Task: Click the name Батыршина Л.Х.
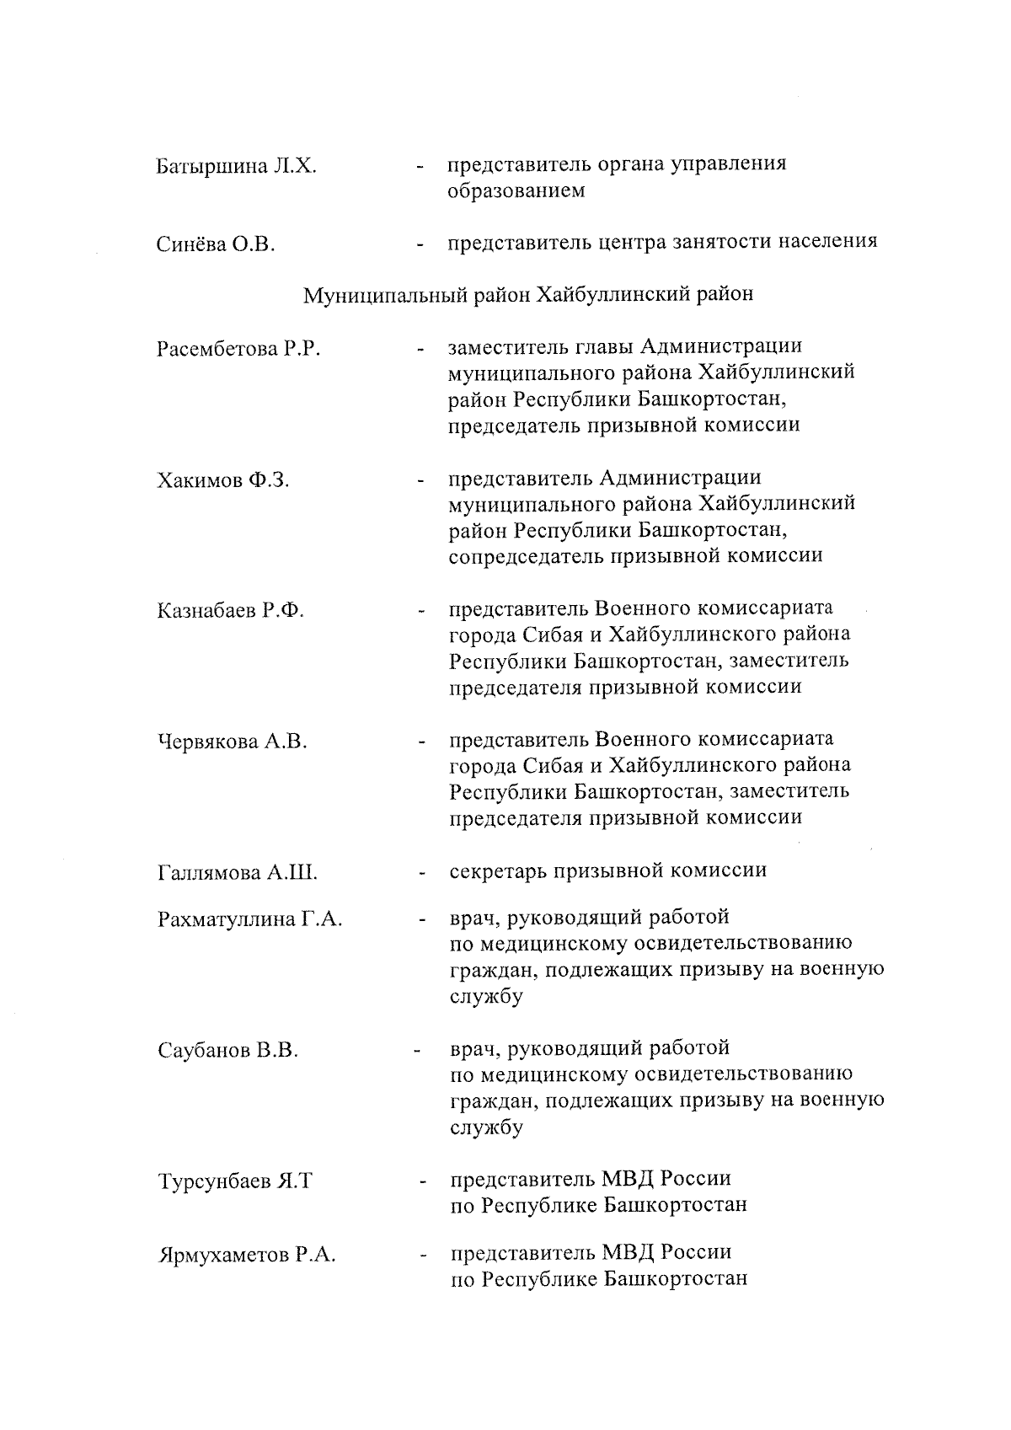point(237,165)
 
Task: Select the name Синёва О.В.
point(217,245)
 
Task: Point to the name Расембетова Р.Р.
point(238,349)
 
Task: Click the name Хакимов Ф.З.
point(223,480)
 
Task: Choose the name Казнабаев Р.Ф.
point(230,611)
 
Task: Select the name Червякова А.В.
point(233,742)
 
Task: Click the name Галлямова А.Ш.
point(237,873)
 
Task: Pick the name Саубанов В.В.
point(227,1051)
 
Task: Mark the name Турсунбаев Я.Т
point(234,1181)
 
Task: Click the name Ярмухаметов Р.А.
point(247,1256)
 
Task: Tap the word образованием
point(516,191)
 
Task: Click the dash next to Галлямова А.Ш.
point(420,875)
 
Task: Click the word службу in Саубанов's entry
point(486,1128)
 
